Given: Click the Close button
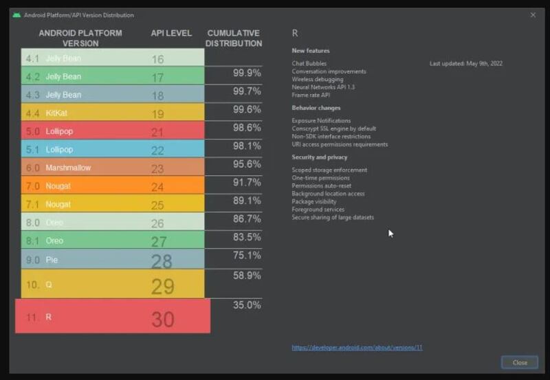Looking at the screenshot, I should tap(520, 362).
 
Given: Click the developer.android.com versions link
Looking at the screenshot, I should tap(357, 348).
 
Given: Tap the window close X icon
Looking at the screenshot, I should tap(533, 14).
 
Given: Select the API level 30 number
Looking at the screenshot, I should tap(163, 319).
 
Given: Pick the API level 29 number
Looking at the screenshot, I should tap(163, 285).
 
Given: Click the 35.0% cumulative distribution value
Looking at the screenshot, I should tap(247, 304).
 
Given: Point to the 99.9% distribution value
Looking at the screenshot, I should tap(247, 73).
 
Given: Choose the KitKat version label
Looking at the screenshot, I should tap(56, 113).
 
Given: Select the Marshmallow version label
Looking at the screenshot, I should tap(68, 168).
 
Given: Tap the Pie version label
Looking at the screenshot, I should tap(52, 259).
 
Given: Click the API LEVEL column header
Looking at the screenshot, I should tap(170, 33).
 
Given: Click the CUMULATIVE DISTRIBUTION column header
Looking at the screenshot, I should tap(234, 38).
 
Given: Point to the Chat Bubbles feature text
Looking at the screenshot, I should tap(309, 63).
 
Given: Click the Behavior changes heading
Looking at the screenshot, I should tap(316, 108).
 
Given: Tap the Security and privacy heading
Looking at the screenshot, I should tap(320, 157).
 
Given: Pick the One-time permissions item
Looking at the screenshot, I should tap(321, 178).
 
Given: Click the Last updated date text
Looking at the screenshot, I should tap(465, 63).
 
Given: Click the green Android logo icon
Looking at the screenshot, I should tap(16, 15).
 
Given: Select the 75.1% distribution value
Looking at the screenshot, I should tap(247, 255).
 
